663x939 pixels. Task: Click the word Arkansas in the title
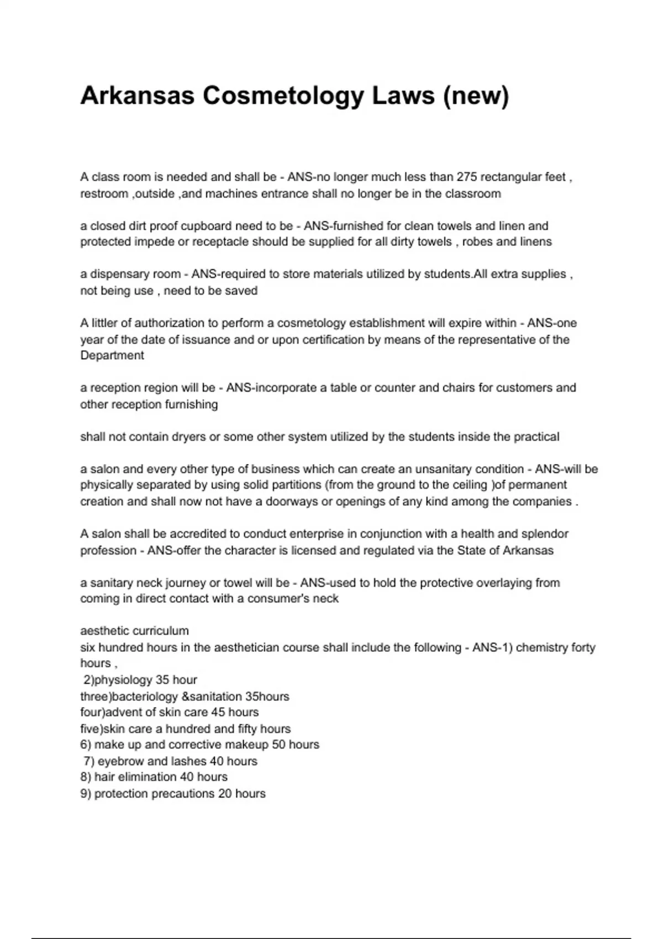tap(137, 96)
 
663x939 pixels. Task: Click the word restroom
tap(104, 193)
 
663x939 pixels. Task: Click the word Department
tap(112, 355)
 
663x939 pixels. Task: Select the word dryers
tap(186, 436)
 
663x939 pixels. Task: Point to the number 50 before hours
tap(279, 744)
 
